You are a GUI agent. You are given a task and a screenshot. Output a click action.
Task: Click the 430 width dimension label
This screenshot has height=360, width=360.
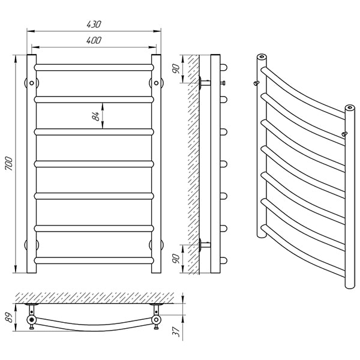click(94, 24)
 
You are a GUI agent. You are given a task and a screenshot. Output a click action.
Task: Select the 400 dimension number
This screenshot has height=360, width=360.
click(94, 40)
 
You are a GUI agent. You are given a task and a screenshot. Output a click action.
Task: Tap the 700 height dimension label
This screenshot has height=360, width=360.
click(9, 163)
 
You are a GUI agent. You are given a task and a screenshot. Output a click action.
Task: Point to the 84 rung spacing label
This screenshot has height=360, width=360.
click(95, 116)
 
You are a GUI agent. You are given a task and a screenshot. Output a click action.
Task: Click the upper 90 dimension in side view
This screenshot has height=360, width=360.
click(176, 68)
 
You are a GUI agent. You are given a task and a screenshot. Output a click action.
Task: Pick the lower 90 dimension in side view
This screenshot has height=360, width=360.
click(176, 259)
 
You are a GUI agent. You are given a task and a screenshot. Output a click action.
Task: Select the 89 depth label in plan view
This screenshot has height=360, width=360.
click(9, 317)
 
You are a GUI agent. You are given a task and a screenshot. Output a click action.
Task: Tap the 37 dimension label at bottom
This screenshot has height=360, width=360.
click(176, 332)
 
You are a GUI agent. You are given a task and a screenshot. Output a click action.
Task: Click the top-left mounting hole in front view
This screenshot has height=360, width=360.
click(31, 83)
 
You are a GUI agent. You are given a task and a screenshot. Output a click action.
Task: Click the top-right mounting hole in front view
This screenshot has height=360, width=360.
click(156, 83)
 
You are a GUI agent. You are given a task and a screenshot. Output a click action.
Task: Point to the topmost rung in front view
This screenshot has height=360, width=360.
click(94, 67)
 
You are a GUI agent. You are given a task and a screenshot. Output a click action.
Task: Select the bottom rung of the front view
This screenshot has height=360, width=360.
click(94, 260)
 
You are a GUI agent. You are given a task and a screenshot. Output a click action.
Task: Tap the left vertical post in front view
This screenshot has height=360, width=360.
click(31, 164)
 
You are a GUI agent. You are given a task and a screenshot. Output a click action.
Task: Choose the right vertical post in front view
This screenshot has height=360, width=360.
click(156, 164)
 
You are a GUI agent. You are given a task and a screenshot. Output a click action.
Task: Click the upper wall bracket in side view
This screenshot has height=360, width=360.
click(205, 83)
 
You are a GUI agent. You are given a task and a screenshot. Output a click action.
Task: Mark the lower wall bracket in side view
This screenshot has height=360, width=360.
click(205, 245)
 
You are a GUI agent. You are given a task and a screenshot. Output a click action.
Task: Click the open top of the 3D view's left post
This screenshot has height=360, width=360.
click(262, 56)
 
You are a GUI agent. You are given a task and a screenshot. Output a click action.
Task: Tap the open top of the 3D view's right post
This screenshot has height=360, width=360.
click(350, 107)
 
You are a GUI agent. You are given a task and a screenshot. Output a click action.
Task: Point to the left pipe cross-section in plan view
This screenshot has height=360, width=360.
click(31, 319)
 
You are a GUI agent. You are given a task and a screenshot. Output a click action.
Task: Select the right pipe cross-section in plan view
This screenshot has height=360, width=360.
click(156, 319)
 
